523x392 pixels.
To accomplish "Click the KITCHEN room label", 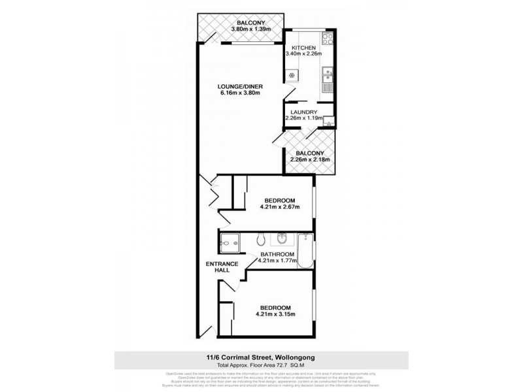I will coord(304,48).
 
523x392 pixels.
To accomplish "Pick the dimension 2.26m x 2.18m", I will coord(310,159).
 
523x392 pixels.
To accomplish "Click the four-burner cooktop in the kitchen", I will coord(327,41).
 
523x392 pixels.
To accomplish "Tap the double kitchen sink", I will coord(329,83).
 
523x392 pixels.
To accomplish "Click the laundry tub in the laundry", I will coord(329,120).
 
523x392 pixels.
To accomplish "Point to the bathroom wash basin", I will coord(282,237).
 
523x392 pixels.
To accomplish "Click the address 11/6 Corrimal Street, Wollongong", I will coord(261,357).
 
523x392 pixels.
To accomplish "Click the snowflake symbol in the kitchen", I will coord(292,74).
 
